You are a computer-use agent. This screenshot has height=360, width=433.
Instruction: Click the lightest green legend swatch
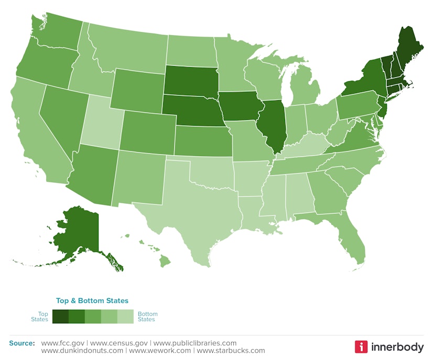[125, 317]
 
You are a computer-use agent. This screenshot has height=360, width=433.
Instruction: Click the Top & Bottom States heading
[92, 301]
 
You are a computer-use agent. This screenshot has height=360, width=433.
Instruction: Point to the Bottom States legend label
[146, 317]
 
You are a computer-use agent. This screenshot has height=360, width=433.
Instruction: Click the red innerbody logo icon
[361, 346]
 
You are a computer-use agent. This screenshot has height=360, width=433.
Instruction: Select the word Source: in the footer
[22, 343]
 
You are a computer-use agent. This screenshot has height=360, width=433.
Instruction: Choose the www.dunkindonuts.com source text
[82, 351]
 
